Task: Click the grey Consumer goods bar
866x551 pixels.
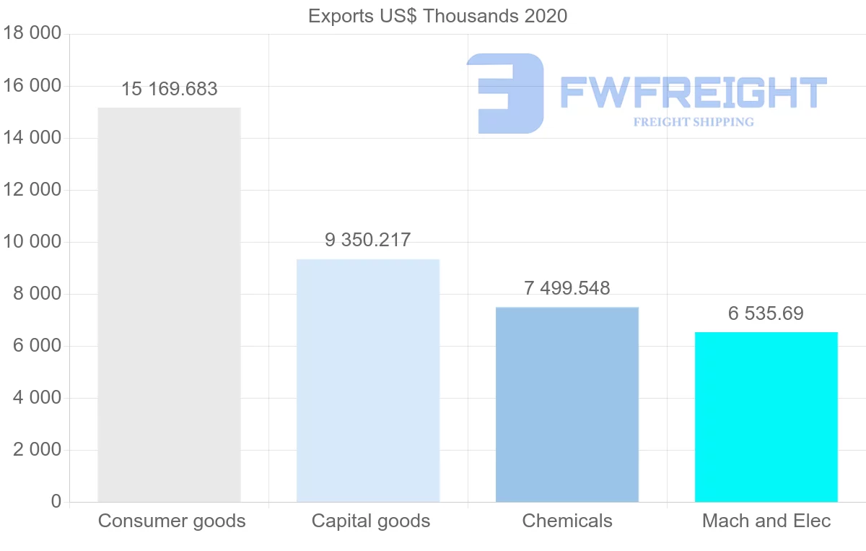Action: click(x=169, y=305)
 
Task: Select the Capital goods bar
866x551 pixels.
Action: click(x=368, y=381)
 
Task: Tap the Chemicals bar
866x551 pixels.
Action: click(x=567, y=404)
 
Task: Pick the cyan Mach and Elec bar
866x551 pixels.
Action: click(x=766, y=417)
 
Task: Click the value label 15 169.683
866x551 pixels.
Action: click(x=169, y=90)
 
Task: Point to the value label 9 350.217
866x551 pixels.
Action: click(x=368, y=240)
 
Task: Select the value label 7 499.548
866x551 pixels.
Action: click(x=567, y=289)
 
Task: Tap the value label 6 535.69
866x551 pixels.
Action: click(x=766, y=314)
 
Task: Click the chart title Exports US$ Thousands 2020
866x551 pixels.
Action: click(x=437, y=16)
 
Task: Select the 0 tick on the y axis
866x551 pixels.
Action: click(x=56, y=502)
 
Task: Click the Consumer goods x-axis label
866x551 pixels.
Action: click(x=172, y=521)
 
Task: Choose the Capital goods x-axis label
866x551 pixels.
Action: click(x=371, y=521)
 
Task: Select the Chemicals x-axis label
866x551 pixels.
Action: click(x=567, y=521)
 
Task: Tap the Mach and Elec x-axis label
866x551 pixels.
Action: click(x=766, y=521)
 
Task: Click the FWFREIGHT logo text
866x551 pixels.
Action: click(x=693, y=92)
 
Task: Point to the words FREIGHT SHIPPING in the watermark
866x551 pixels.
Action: click(x=694, y=122)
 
